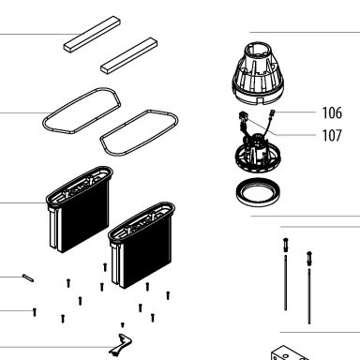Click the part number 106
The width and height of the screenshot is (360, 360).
[x=332, y=112]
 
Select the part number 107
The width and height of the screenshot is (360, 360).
[x=332, y=135]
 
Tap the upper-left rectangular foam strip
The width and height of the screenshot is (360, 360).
[x=92, y=34]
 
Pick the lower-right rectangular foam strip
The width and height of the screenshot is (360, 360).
[x=128, y=55]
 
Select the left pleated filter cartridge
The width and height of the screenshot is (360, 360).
[x=79, y=209]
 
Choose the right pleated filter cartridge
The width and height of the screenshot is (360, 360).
[x=142, y=245]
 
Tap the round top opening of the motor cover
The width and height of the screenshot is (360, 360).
[x=257, y=50]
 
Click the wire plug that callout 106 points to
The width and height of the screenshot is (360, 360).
[x=272, y=112]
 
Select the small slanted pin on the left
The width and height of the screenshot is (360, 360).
[x=28, y=277]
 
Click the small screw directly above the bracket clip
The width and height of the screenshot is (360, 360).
[x=123, y=324]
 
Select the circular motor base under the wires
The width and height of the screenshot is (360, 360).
[x=258, y=155]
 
